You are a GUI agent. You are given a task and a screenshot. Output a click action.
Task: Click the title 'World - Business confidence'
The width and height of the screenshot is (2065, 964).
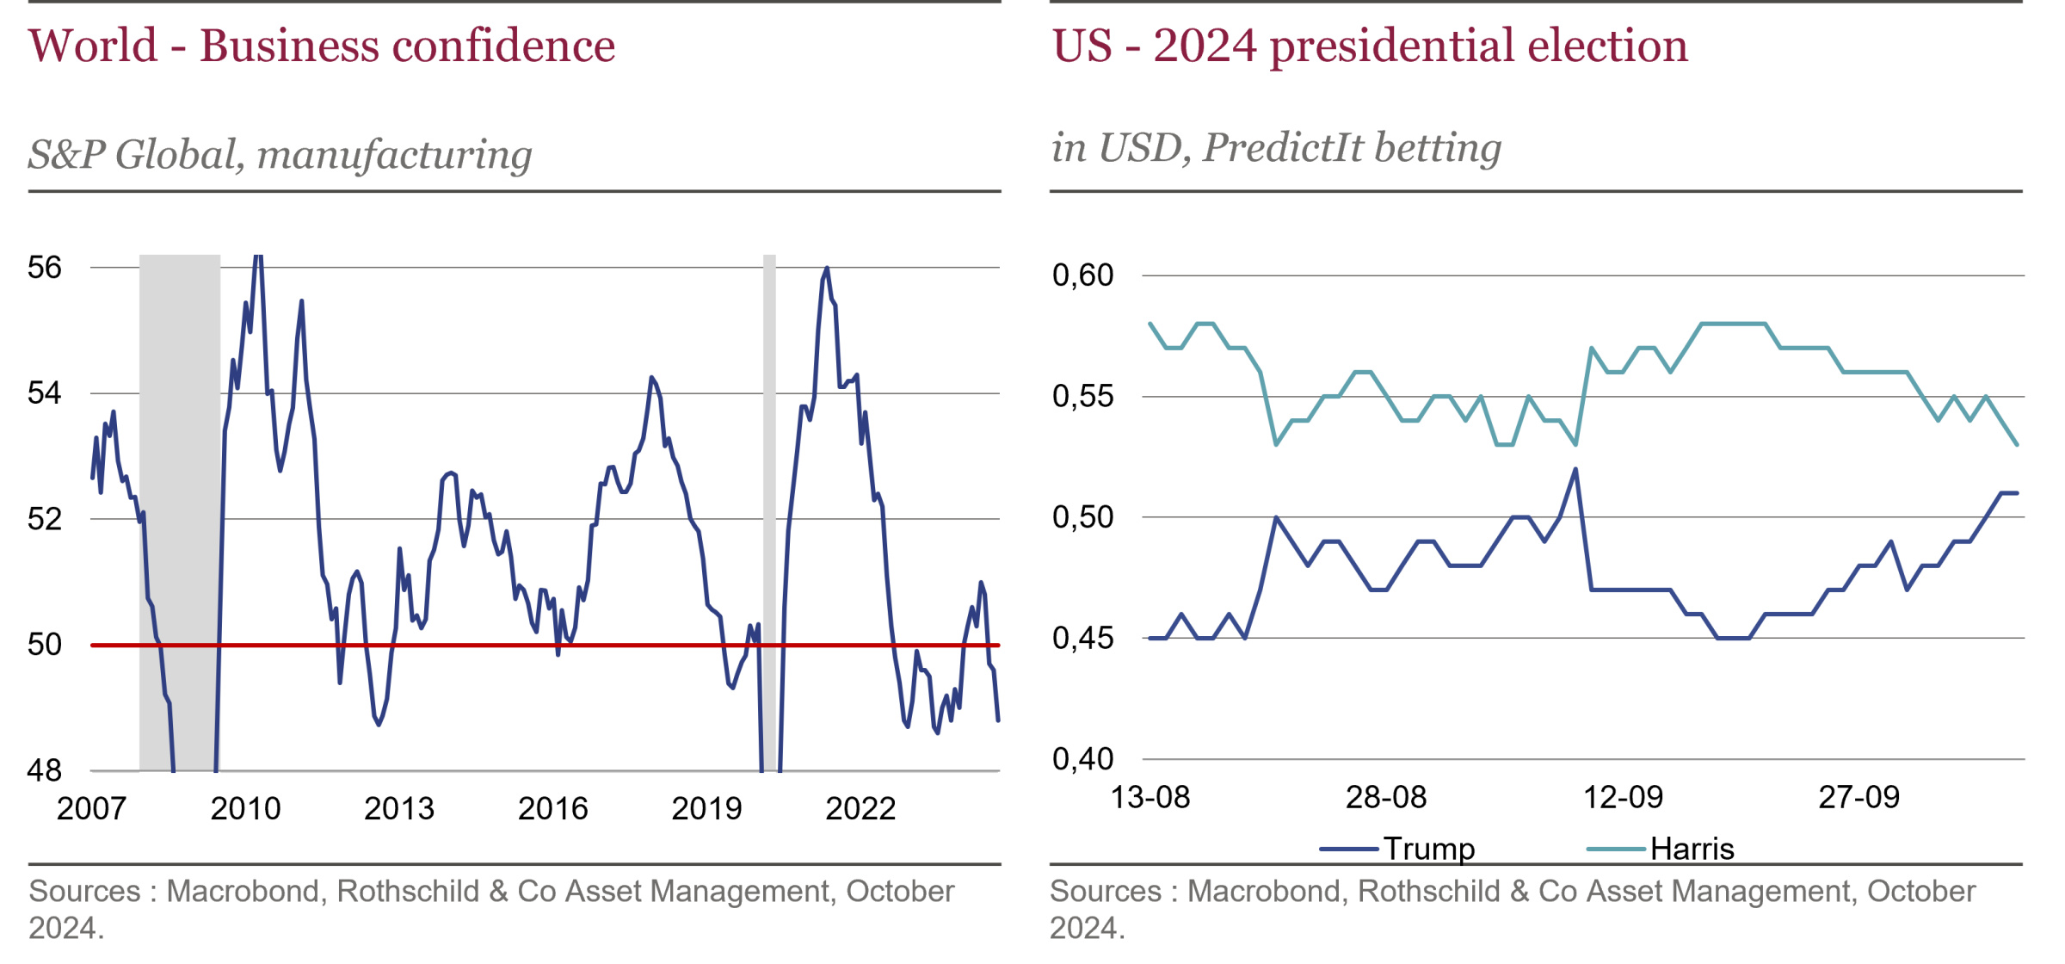pos(322,46)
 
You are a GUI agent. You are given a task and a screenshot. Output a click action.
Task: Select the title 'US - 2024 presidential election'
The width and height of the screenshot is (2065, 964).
pos(1370,46)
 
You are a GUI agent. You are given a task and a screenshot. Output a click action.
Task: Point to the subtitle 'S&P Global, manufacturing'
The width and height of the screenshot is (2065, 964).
pos(280,155)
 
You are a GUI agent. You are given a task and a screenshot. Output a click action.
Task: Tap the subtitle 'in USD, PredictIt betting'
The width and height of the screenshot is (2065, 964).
pos(1276,148)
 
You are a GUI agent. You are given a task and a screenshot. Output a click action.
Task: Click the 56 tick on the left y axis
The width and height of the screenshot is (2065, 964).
pos(45,268)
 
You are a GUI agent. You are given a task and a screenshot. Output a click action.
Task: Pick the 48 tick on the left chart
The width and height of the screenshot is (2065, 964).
pos(45,770)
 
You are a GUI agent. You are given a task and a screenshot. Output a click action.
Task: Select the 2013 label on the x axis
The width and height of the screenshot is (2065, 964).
pos(399,809)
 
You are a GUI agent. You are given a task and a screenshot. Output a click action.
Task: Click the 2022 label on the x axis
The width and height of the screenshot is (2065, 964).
pos(860,809)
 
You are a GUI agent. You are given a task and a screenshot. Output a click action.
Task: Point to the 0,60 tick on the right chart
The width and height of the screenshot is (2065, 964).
pos(1082,275)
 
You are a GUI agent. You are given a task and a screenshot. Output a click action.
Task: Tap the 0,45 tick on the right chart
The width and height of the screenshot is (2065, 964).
pos(1082,639)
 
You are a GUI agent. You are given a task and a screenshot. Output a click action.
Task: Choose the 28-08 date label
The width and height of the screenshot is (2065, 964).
pos(1386,798)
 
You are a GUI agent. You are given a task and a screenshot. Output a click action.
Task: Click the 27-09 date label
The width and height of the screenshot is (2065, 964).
pos(1858,798)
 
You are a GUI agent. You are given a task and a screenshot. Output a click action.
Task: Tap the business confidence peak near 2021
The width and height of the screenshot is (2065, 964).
pos(827,269)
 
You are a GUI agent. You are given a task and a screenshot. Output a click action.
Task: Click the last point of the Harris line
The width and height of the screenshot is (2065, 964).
pos(2017,445)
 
